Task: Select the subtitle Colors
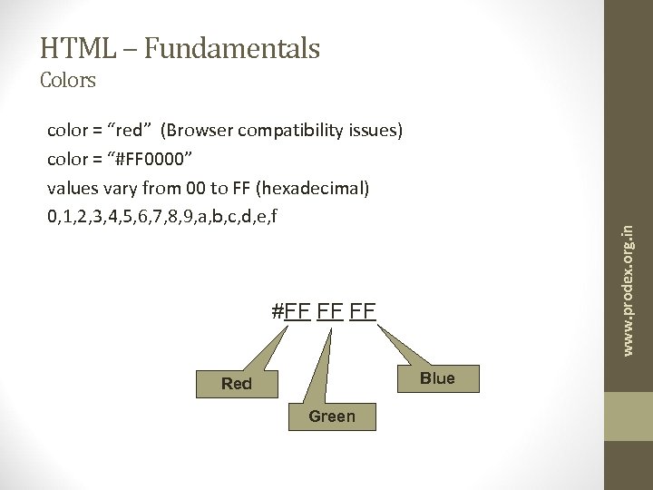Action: click(x=68, y=81)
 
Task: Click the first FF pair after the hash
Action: click(x=297, y=312)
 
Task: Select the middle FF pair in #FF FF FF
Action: click(x=330, y=312)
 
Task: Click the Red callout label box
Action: click(x=237, y=384)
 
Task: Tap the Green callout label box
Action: click(x=332, y=416)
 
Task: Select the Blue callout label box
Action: click(x=437, y=378)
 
